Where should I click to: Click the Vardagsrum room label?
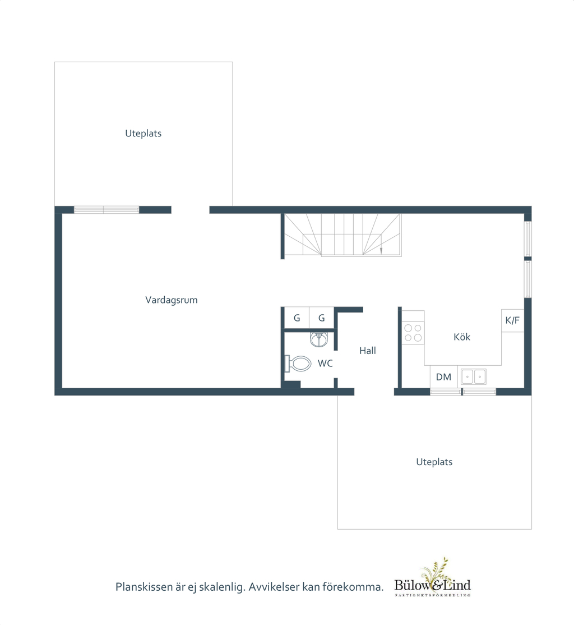pos(171,300)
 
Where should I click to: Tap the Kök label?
pos(462,337)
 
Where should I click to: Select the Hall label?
pos(368,351)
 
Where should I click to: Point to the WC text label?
pos(325,364)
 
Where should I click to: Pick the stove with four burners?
pos(413,333)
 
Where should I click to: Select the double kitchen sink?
pos(474,376)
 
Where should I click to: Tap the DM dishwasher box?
pos(443,377)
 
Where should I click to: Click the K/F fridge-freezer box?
pos(512,320)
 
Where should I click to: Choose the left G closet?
pos(297,318)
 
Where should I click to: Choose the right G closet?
pos(322,318)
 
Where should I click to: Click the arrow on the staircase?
pos(381,250)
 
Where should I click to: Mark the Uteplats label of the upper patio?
pos(143,134)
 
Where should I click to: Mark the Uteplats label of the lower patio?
pos(434,462)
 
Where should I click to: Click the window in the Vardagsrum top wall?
pos(107,210)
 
